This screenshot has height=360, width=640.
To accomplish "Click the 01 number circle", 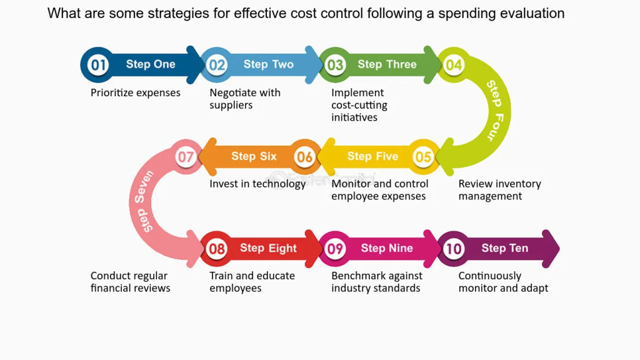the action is point(98,65).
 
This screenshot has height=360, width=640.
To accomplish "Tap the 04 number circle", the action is point(454,65).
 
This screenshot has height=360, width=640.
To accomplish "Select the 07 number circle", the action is point(186,157).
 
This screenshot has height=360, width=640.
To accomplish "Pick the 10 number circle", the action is point(454,249).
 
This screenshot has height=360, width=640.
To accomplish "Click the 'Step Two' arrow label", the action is point(269,64).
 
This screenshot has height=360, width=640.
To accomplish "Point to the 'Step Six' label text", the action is point(254,156).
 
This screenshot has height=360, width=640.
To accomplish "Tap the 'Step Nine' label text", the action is point(387,248).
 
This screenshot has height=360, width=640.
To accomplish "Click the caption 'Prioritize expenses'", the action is point(136,92).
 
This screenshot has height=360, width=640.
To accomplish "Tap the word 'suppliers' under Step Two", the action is point(231,105).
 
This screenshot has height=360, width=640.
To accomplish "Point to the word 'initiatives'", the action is point(354,117).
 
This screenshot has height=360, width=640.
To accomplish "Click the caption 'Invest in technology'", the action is point(257,184).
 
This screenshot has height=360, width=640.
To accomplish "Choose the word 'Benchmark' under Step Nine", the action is point(356,276).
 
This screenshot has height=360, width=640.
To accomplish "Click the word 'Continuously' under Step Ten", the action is point(490,276).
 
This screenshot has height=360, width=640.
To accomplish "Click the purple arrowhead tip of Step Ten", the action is point(559,249).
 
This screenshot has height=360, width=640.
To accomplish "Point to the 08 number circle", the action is point(216,249).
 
